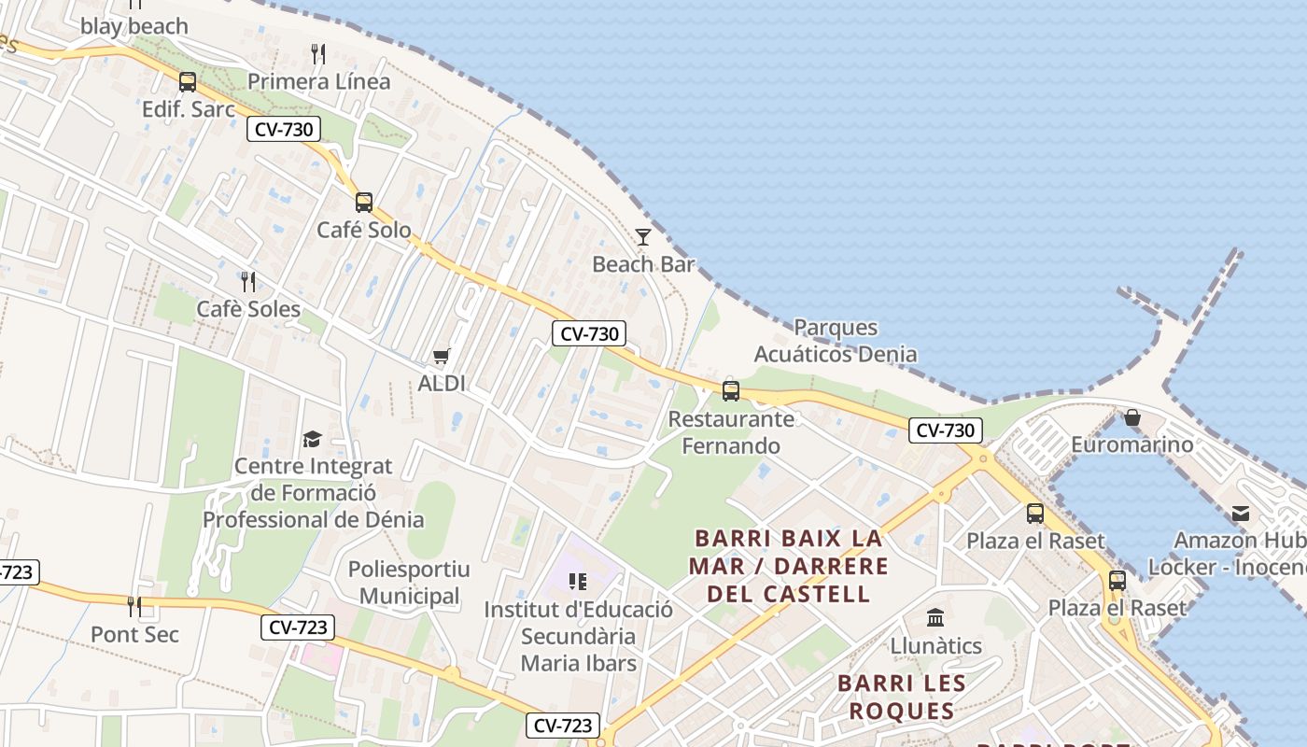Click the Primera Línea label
318,82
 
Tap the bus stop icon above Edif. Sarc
188,82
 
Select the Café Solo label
364,230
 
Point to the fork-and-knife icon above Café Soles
248,281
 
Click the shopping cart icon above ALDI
442,356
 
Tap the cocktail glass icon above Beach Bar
643,236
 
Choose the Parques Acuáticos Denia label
836,341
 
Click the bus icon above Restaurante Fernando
731,390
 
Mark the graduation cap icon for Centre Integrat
312,439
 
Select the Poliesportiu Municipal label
409,583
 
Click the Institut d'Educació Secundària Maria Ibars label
578,637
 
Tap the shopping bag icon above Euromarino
1132,417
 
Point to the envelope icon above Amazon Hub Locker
1241,513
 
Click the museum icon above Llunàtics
935,617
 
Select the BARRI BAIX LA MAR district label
789,566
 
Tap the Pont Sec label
134,635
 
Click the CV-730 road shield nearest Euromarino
946,430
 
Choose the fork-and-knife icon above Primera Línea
318,54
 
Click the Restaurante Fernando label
731,432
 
